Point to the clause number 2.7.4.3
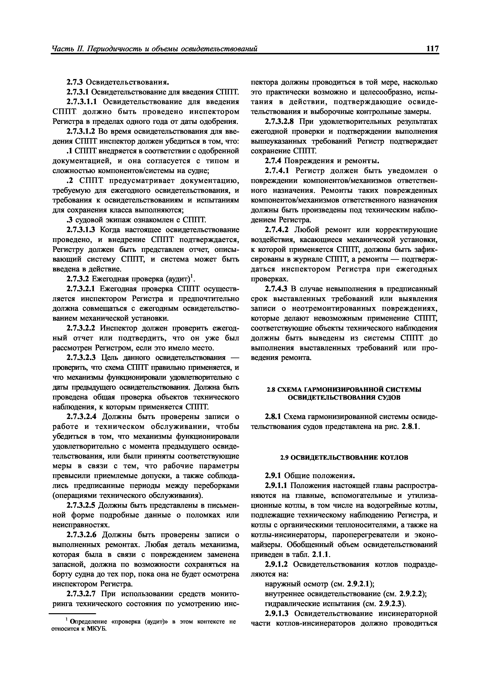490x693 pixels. click(x=277, y=289)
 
